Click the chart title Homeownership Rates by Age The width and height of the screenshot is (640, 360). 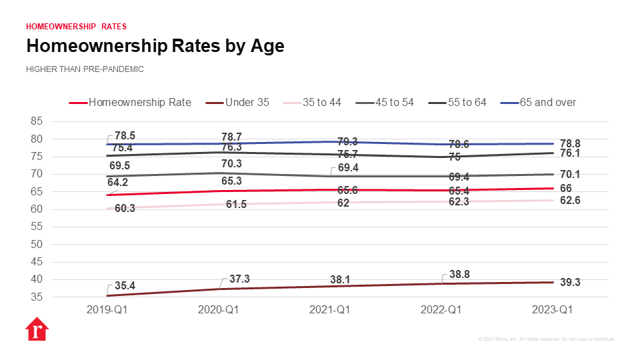pos(155,46)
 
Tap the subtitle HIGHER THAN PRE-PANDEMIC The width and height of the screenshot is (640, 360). pos(85,69)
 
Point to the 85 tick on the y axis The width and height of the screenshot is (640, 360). pos(36,121)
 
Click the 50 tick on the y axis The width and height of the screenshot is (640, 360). pos(36,244)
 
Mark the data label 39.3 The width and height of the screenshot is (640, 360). pos(569,283)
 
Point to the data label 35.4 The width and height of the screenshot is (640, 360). pos(125,285)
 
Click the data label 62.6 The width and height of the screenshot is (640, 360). pos(569,201)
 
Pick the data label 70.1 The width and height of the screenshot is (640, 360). pos(569,175)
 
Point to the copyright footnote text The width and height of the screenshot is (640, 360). pos(547,339)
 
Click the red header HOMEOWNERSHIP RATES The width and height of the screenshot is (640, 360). pos(76,27)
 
